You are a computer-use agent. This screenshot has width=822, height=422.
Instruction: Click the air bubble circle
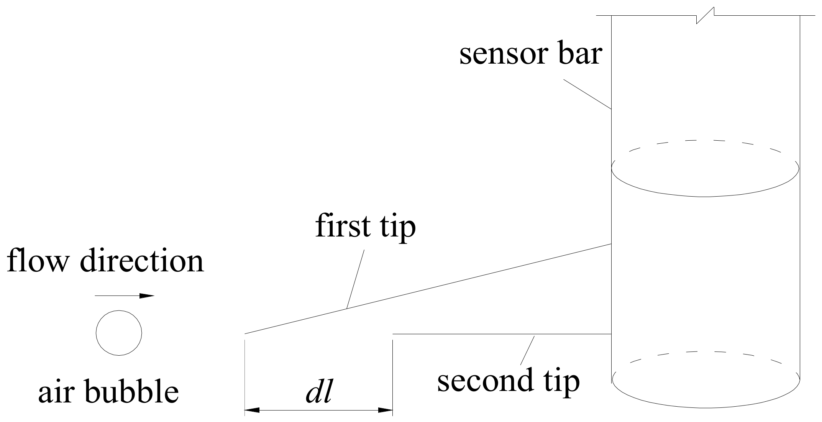tap(119, 333)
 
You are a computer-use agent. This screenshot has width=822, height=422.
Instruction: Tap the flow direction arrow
tap(125, 296)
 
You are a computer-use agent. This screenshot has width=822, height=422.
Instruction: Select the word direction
tap(141, 261)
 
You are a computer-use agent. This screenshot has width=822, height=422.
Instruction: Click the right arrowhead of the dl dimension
tap(386, 410)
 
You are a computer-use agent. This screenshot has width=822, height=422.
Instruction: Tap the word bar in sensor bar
tap(581, 54)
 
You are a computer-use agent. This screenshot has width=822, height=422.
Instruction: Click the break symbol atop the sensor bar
tap(705, 16)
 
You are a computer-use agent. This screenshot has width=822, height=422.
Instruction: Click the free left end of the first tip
tap(245, 333)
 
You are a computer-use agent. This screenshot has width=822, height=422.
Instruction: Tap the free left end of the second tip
tap(393, 334)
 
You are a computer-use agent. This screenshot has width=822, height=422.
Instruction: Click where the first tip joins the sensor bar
tap(611, 244)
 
